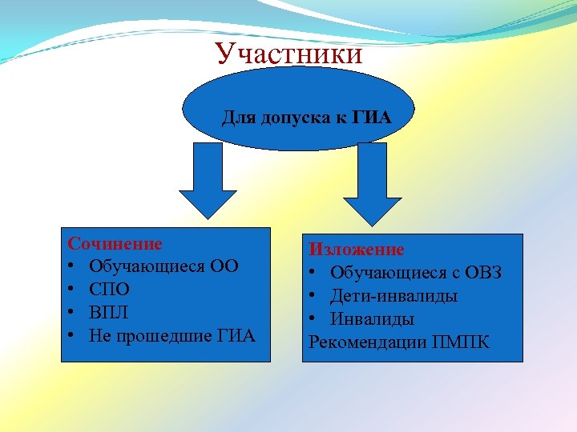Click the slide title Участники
coord(288,54)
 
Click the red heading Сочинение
coord(115,243)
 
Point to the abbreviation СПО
coord(109,289)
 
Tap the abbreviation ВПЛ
coord(109,312)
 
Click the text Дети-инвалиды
coord(393,297)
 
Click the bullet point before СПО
coord(72,289)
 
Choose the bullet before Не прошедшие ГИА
coord(72,335)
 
